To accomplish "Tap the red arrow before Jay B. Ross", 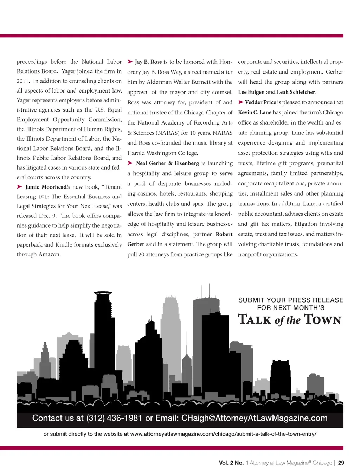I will (x=130, y=62).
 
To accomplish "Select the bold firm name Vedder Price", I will (x=260, y=102).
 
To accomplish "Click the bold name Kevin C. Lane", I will (x=255, y=112).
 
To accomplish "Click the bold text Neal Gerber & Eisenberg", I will (x=167, y=163).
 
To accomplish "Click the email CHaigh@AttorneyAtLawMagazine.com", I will (x=254, y=418).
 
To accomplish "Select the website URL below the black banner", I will (x=223, y=434).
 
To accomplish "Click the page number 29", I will (x=341, y=463).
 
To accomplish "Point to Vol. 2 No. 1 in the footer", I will (x=233, y=463).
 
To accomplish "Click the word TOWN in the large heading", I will (x=323, y=319).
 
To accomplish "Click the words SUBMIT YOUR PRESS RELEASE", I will (x=290, y=300).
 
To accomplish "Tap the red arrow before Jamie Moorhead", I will (x=20, y=187).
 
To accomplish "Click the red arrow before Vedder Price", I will (x=241, y=102).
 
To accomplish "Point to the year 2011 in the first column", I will (x=23, y=81).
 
